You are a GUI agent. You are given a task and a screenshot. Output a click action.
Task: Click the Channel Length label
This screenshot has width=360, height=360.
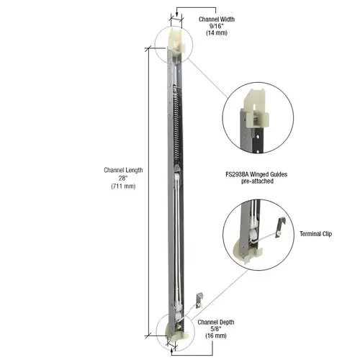123,170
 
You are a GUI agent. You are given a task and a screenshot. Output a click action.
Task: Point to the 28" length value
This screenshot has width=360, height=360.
123,179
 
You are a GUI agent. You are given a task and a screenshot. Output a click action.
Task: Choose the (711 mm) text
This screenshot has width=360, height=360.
123,187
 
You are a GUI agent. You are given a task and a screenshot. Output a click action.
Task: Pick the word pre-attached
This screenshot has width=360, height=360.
256,182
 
